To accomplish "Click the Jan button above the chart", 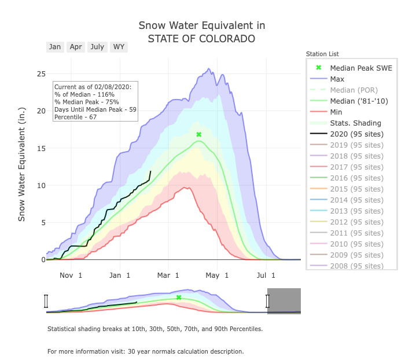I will click(x=55, y=47).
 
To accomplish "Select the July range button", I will click(x=97, y=47).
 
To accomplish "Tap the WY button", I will click(x=119, y=47).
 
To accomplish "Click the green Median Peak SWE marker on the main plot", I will click(x=198, y=134).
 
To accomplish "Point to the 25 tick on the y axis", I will click(x=41, y=74).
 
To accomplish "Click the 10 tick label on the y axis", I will click(x=41, y=185).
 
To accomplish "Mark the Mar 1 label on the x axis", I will click(x=168, y=275).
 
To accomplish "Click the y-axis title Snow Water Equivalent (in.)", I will click(x=22, y=164).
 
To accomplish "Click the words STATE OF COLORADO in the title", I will click(x=201, y=39).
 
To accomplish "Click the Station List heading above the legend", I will click(x=322, y=54).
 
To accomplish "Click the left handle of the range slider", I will click(x=46, y=301).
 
